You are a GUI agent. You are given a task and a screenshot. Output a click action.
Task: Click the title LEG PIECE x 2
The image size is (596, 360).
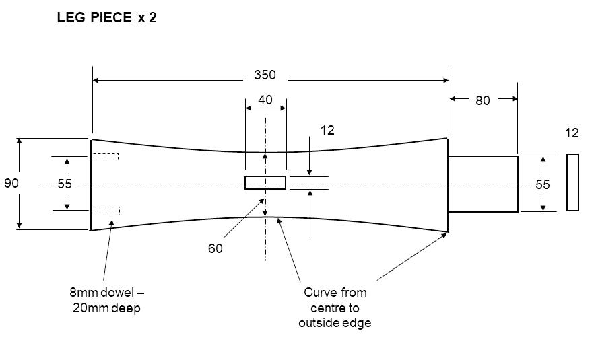coord(107,17)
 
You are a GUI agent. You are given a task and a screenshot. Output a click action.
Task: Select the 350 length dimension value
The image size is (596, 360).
coord(265,75)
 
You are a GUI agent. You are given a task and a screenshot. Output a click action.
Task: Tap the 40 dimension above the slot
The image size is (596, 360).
coord(265,100)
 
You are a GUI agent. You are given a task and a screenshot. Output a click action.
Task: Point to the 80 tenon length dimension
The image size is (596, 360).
coord(483,100)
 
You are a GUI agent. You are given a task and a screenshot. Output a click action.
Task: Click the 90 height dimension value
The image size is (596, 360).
coord(11,184)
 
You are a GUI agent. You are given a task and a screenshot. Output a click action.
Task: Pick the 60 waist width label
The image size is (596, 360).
coord(215,248)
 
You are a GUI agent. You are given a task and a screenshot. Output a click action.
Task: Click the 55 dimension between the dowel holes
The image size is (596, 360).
coord(65,184)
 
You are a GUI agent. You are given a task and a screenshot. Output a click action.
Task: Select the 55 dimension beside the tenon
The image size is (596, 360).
coord(543,184)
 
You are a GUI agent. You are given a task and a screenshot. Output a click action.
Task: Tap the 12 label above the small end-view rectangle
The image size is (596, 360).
coord(572,133)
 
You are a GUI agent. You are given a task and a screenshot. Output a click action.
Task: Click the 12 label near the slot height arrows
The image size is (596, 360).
coord(327,131)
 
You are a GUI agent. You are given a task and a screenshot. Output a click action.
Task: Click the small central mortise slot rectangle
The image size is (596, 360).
coord(265,182)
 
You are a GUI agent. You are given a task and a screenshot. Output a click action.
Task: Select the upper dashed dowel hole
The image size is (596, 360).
coord(105,157)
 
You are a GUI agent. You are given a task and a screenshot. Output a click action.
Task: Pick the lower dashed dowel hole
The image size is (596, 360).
coord(106,211)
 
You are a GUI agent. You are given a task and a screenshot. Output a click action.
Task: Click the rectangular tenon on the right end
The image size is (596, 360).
coord(483,184)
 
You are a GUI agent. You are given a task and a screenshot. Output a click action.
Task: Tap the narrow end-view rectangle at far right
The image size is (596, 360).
coord(573,182)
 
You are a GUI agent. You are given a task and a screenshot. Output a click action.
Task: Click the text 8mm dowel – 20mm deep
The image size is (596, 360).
coord(107,300)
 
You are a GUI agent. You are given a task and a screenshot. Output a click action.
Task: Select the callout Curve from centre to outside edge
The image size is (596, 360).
coord(335,308)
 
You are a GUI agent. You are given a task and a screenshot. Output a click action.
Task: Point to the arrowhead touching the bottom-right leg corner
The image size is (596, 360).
coord(444,235)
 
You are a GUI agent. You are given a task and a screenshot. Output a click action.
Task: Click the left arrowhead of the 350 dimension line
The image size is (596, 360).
coord(96,80)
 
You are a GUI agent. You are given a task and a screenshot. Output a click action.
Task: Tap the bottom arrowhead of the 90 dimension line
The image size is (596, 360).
coord(19,225)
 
